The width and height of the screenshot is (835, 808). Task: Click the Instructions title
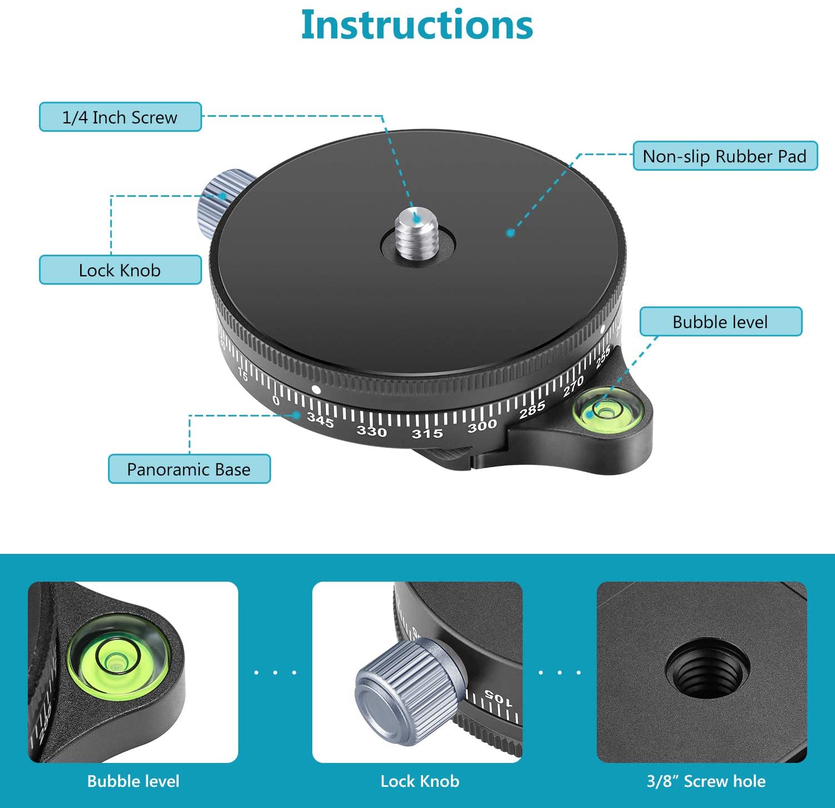pyautogui.click(x=417, y=24)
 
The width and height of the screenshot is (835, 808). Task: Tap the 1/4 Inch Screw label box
pyautogui.click(x=120, y=117)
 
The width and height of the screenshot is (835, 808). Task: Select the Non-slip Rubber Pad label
pyautogui.click(x=725, y=156)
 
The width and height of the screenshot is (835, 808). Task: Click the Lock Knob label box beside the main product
pyautogui.click(x=120, y=270)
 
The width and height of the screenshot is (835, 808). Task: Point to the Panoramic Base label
pyautogui.click(x=189, y=469)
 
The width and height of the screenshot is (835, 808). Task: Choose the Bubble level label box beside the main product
pyautogui.click(x=721, y=321)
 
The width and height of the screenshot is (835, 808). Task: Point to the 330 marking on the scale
pyautogui.click(x=372, y=431)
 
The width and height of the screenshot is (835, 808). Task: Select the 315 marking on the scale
pyautogui.click(x=428, y=433)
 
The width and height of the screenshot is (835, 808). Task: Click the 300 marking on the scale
pyautogui.click(x=482, y=426)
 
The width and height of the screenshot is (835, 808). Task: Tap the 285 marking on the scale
pyautogui.click(x=532, y=410)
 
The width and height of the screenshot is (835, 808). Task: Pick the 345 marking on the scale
pyautogui.click(x=321, y=420)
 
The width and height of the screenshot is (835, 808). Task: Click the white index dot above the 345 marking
pyautogui.click(x=316, y=390)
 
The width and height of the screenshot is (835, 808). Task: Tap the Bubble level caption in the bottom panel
pyautogui.click(x=134, y=781)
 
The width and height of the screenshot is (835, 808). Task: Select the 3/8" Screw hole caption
pyautogui.click(x=706, y=781)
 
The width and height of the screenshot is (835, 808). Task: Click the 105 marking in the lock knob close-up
pyautogui.click(x=498, y=698)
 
